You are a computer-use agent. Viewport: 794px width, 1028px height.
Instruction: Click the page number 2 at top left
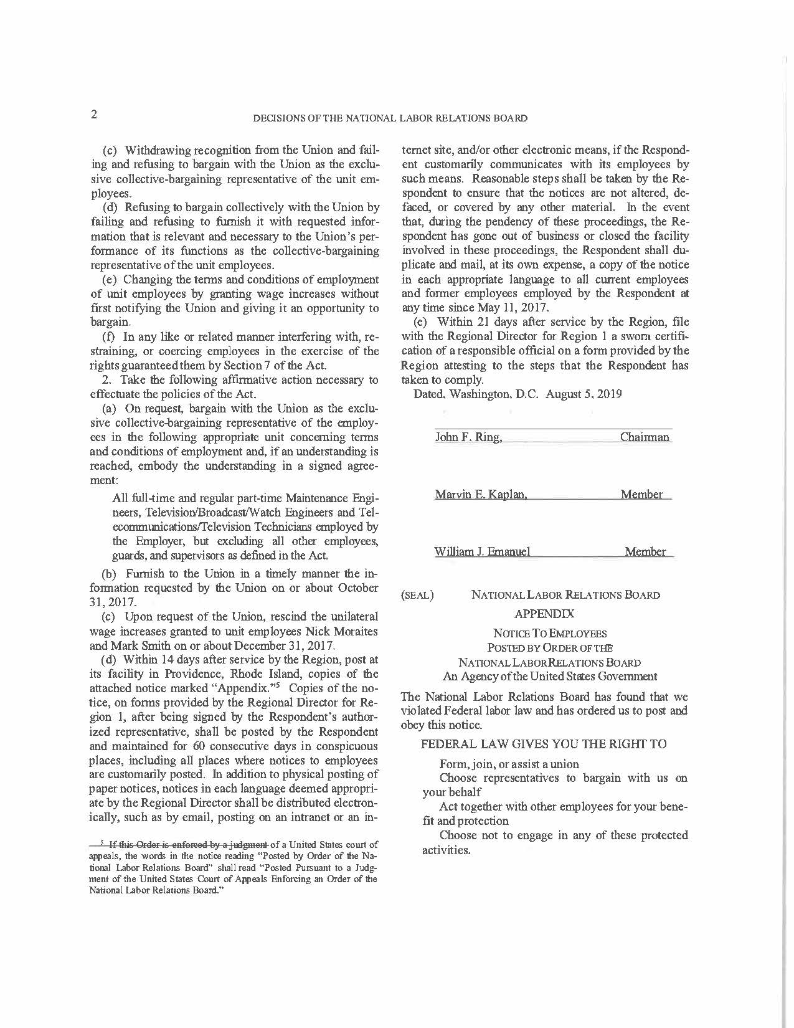coord(94,114)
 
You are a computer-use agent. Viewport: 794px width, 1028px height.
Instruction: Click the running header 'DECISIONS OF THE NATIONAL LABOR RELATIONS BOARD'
coord(390,118)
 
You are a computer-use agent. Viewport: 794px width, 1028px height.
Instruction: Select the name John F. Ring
coord(468,437)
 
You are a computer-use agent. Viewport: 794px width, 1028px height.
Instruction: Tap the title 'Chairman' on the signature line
coord(645,437)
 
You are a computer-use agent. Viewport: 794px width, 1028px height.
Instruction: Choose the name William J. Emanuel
coord(483,551)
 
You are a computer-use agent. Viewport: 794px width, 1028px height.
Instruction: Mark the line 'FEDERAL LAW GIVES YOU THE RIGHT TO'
coord(544,744)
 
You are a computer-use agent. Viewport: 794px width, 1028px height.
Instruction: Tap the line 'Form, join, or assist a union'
coord(509,764)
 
